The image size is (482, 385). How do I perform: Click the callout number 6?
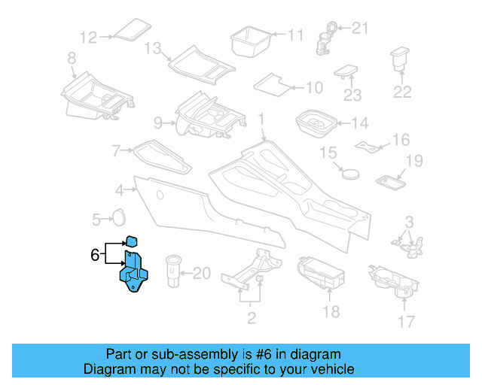[95, 255]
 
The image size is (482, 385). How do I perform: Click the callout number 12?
[89, 37]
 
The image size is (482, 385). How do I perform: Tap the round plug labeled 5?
[118, 217]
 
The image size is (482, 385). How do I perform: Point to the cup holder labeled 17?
[395, 279]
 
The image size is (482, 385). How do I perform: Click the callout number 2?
[252, 319]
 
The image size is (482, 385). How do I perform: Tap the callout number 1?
[261, 120]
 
